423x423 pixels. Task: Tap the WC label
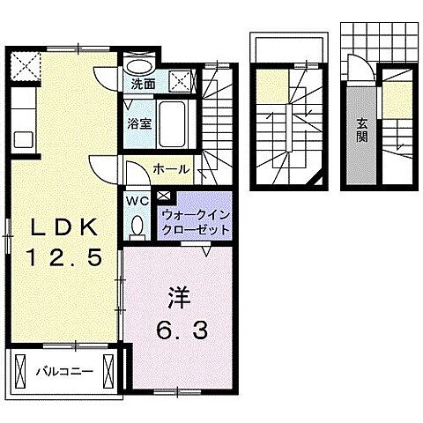(137, 200)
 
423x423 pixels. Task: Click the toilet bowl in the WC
(137, 227)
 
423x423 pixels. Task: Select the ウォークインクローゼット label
(196, 221)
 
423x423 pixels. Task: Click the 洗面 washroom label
(143, 85)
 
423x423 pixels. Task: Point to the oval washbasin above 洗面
(137, 65)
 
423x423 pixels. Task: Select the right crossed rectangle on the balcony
(109, 371)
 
